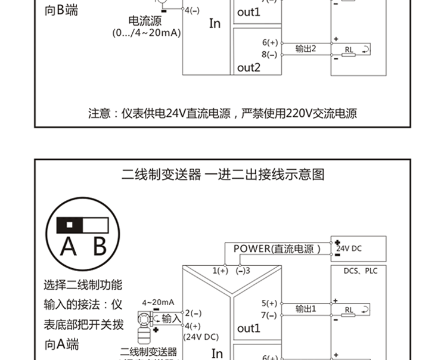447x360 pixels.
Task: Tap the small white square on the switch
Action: (70, 225)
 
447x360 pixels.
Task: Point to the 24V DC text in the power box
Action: (349, 248)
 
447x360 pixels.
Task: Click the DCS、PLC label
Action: (361, 271)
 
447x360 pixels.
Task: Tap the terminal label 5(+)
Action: (269, 303)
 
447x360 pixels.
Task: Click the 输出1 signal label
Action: (306, 309)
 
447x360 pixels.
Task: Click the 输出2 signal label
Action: (306, 48)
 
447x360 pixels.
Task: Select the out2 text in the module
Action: (249, 67)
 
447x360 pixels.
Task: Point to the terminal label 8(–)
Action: (269, 54)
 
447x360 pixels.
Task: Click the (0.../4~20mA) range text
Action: (146, 33)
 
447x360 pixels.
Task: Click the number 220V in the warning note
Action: (299, 113)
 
